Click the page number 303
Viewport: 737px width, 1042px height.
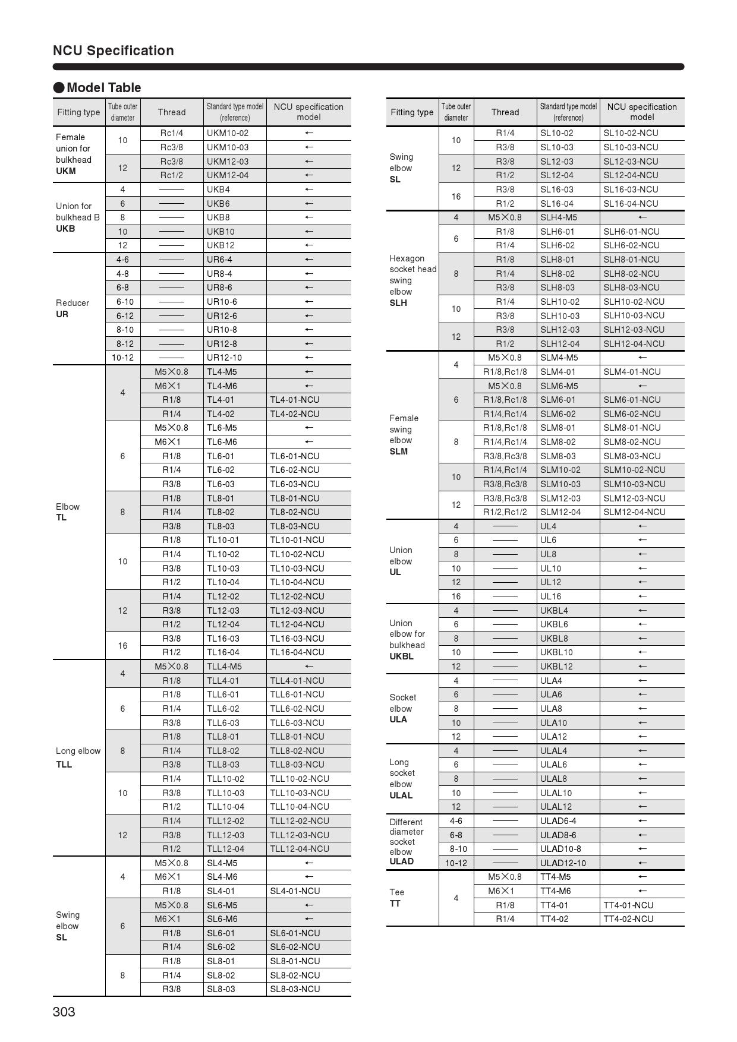tap(64, 1012)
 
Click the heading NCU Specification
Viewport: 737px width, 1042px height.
tap(114, 50)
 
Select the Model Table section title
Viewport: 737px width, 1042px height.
tap(103, 88)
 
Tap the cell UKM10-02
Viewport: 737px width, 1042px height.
tap(228, 133)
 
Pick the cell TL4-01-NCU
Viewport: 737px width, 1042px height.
tap(295, 400)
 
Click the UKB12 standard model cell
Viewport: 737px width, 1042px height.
tap(221, 245)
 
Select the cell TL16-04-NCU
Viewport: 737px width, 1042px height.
tap(297, 652)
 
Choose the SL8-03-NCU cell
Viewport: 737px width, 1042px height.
tap(295, 989)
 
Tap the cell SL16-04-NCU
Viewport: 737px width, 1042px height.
tap(631, 204)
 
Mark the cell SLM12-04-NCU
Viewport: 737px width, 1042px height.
tap(634, 512)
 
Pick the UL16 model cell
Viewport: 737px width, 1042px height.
tap(550, 596)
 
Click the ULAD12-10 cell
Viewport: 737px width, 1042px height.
tap(563, 863)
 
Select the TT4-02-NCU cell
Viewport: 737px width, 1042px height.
tap(628, 919)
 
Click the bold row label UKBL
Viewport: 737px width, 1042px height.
tap(401, 656)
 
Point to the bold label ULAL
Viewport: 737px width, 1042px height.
tap(401, 795)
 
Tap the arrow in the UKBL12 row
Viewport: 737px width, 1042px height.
tap(642, 667)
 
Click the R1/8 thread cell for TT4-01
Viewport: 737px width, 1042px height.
tap(505, 905)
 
